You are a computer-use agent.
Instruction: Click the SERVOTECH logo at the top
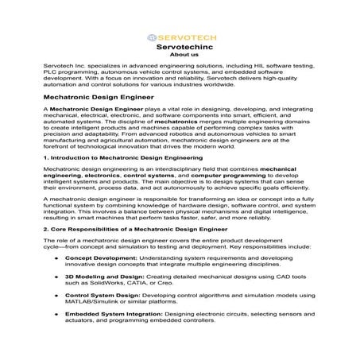click(180, 37)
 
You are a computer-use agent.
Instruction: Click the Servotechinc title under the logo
click(180, 47)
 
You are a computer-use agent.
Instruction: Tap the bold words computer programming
click(206, 199)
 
